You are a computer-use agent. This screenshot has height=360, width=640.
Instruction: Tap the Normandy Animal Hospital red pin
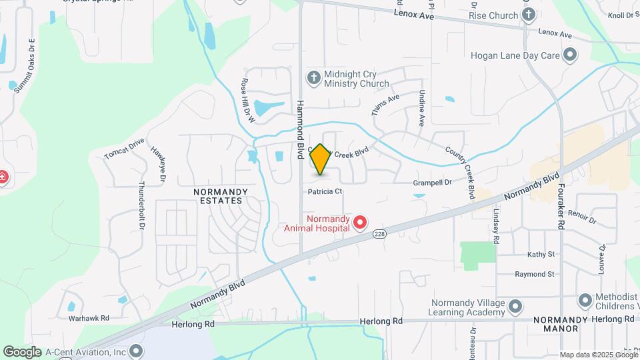(360, 222)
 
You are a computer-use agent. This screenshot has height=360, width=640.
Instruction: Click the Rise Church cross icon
(529, 15)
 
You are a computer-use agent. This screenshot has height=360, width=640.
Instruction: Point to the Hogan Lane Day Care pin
(570, 55)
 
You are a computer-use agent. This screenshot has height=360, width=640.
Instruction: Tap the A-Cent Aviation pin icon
(137, 351)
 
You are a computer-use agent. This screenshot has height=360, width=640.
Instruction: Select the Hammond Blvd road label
(301, 131)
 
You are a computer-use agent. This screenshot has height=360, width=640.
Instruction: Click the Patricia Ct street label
(325, 191)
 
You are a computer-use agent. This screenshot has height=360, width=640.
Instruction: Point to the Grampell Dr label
(432, 181)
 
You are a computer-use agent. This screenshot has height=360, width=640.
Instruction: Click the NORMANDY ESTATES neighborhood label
(221, 195)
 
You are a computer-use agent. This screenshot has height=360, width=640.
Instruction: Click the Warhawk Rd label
(89, 318)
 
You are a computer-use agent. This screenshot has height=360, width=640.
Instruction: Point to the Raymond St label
(535, 274)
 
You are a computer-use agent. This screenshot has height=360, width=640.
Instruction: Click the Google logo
(22, 351)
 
